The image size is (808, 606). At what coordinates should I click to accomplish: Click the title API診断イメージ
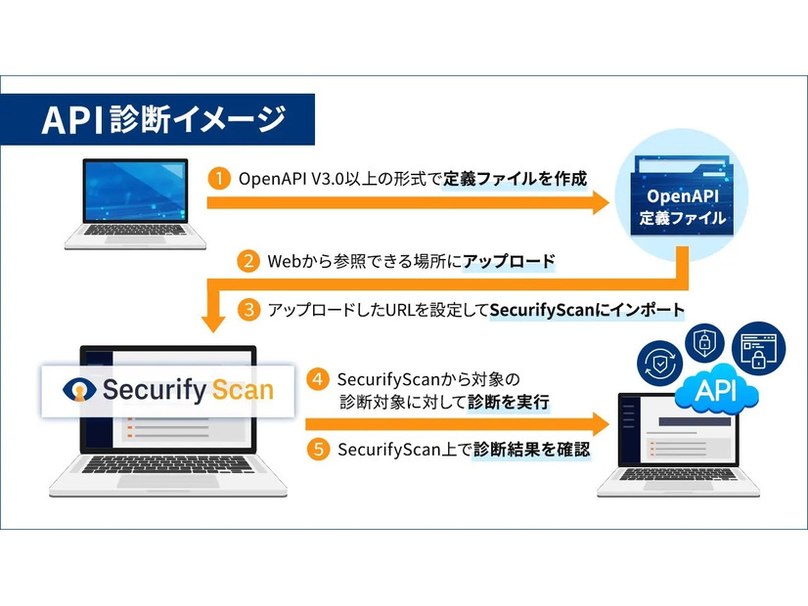(163, 119)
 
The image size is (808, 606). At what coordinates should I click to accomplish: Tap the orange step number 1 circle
(220, 178)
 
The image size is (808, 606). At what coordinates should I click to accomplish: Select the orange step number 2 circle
(249, 261)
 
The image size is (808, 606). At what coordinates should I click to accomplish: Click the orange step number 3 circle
(249, 310)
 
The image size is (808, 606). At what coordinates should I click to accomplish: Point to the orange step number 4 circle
(317, 378)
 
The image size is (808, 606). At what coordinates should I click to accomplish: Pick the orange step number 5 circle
(317, 450)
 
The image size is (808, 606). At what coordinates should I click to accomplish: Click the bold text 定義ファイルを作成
(515, 179)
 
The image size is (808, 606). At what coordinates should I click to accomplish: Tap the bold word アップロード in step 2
(509, 261)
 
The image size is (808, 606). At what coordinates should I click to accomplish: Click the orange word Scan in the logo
(231, 390)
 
